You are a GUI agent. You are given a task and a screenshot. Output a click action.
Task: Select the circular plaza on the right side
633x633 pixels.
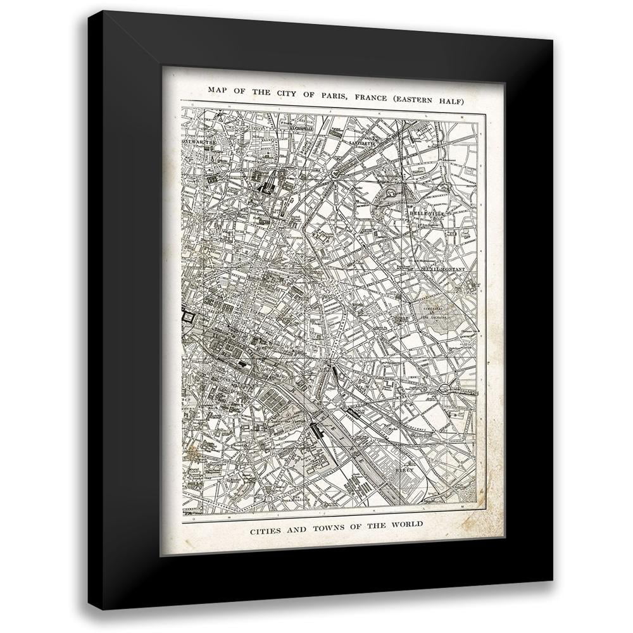tap(446, 386)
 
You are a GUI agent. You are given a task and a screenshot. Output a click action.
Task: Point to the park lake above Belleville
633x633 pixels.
tap(391, 191)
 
